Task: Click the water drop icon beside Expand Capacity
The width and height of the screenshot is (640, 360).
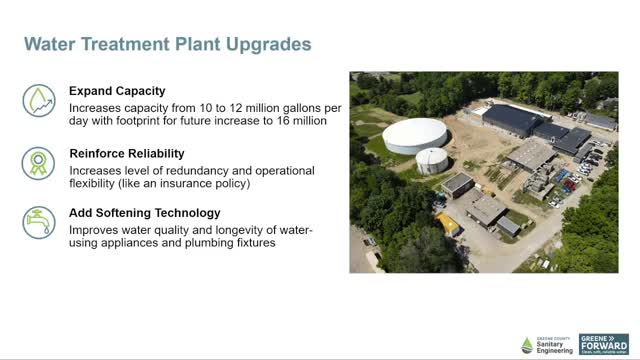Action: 38,101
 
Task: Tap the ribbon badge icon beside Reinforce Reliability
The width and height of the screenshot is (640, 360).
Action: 38,162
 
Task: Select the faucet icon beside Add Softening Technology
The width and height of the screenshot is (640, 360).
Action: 38,222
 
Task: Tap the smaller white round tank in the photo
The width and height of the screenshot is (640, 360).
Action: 431,159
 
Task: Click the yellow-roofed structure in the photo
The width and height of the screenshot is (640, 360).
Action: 447,222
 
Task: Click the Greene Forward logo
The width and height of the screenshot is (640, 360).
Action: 604,345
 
